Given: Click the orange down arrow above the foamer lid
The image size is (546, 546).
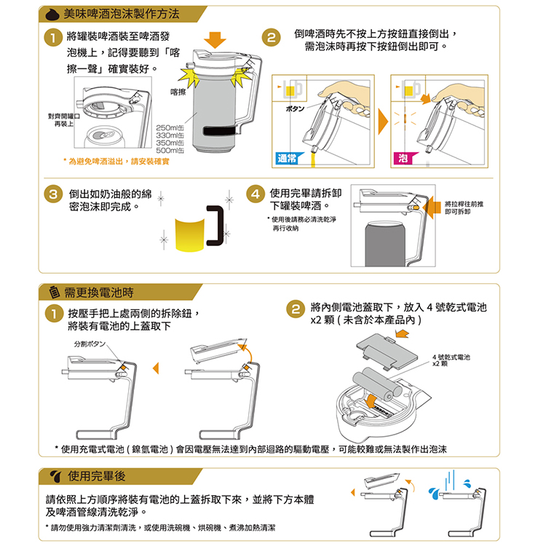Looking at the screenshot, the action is point(215,40).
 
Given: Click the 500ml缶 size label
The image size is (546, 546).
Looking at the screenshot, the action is point(170,151).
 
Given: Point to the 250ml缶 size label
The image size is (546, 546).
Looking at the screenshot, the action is point(170,128).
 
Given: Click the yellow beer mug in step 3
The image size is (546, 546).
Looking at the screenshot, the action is point(190,234).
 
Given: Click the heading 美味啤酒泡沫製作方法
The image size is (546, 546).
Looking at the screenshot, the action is point(122,15).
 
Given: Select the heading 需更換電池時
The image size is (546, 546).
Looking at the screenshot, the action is point(99,293).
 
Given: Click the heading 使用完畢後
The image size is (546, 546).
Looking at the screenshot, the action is point(96,475).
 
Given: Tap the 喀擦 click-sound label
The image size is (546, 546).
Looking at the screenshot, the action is point(178,92).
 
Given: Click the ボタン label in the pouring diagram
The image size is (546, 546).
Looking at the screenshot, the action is point(295,108).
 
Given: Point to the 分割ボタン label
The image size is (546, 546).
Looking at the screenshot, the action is point(90,344).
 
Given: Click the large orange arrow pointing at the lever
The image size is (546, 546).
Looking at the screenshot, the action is point(432,207).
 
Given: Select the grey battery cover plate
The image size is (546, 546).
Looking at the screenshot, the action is point(387,352).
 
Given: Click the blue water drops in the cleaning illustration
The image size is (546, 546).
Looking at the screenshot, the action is point(434,493).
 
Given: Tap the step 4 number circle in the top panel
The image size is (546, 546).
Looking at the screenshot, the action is point(256,194).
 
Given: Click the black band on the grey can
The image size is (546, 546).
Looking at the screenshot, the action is point(220,130).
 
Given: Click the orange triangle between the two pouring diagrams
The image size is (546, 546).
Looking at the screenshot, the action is point(383,121).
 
